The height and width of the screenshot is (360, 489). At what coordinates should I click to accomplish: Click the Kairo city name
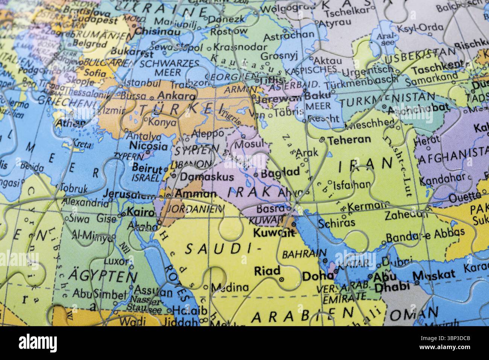[x=141, y=213]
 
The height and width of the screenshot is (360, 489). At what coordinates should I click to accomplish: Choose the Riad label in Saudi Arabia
[x=267, y=270]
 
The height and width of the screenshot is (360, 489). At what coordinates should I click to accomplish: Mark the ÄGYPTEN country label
[x=96, y=277]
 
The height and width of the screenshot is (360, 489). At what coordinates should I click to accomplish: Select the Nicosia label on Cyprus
[x=148, y=146]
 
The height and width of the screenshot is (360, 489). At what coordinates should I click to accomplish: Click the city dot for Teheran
[x=322, y=140]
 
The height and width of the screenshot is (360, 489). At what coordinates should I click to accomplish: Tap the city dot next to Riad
[x=282, y=280]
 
